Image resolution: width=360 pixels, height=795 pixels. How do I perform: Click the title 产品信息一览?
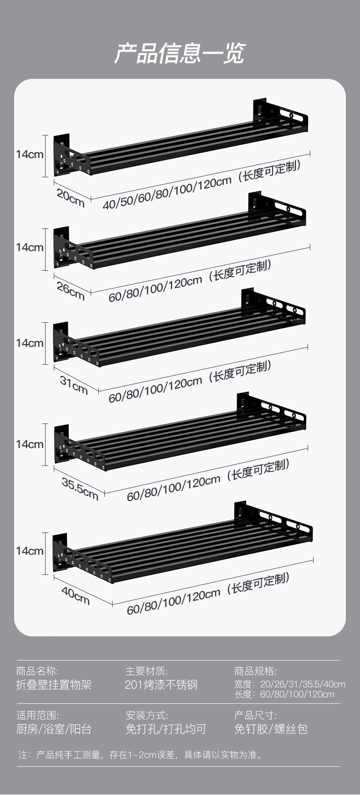(x=180, y=54)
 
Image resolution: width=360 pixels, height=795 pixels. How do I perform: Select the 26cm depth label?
(x=71, y=291)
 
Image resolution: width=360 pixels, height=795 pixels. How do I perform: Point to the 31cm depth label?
(x=74, y=385)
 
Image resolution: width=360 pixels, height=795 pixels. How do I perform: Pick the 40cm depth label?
(x=76, y=595)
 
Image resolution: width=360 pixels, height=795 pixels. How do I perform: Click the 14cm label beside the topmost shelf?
(x=30, y=155)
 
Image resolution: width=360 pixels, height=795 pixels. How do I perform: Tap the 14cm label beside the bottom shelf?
(x=30, y=551)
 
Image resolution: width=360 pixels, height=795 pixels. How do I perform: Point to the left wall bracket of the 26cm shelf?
(x=62, y=248)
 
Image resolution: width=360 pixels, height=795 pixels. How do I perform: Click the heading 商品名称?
(x=37, y=671)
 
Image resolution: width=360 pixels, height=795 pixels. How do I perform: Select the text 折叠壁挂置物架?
(x=54, y=685)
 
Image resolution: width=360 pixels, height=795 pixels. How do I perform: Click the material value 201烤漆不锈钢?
(x=161, y=685)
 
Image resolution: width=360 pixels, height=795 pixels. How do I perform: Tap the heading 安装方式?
(x=147, y=715)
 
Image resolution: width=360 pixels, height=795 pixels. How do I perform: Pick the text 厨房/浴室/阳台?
(x=54, y=729)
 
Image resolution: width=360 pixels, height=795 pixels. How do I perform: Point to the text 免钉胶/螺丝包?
(x=271, y=729)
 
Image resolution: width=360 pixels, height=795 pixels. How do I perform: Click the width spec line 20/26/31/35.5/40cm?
(x=290, y=684)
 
